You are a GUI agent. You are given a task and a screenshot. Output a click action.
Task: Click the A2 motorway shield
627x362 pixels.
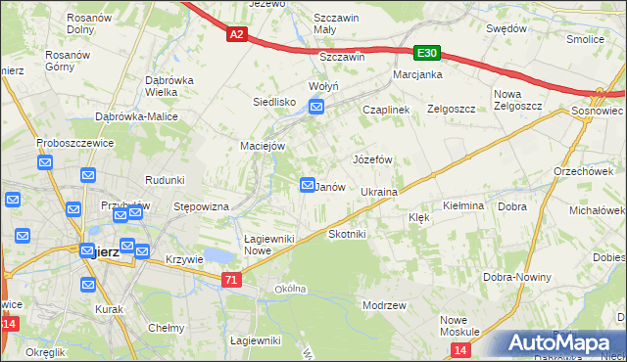point(236,34)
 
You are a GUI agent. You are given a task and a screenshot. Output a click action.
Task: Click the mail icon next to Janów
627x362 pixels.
point(307,185)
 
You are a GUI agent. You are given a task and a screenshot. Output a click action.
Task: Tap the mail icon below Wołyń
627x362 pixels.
point(316,110)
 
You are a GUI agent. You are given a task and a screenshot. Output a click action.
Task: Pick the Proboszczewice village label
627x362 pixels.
point(75,142)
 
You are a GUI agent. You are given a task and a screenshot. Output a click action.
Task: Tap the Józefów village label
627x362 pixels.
point(372,158)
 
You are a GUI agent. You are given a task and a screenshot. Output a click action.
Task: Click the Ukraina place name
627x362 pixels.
point(378,192)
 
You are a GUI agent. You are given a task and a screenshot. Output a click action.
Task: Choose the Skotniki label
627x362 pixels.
point(347,235)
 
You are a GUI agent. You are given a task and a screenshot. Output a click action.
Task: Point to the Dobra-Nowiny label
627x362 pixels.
point(514,278)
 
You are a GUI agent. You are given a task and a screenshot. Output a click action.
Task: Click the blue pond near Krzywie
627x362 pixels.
point(221,256)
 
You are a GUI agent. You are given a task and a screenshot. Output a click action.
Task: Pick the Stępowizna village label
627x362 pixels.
point(201,207)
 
